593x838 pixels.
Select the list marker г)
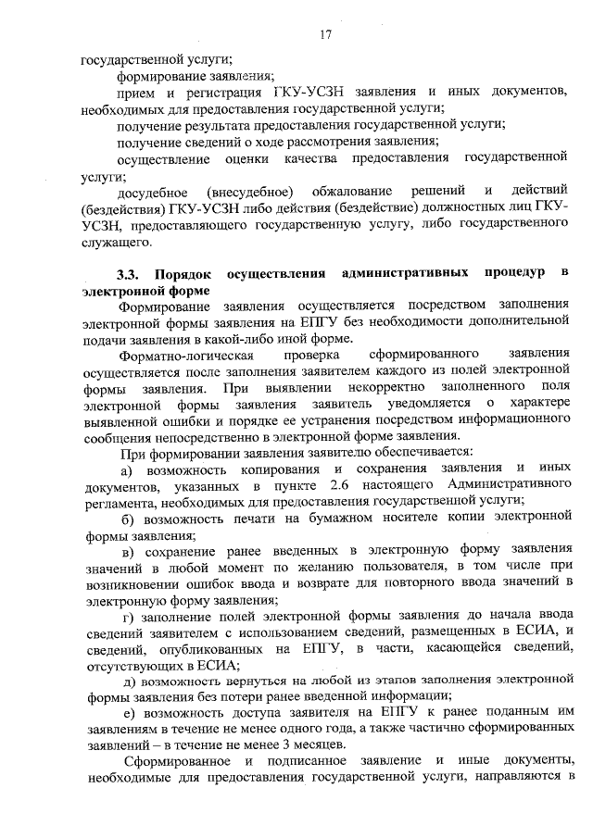[x=129, y=616]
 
